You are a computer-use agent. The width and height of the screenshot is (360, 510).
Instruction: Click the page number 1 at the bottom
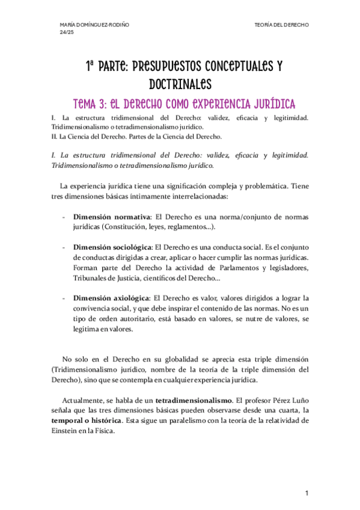click(307, 493)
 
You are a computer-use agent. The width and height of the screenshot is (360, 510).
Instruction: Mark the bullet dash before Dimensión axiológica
click(64, 298)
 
